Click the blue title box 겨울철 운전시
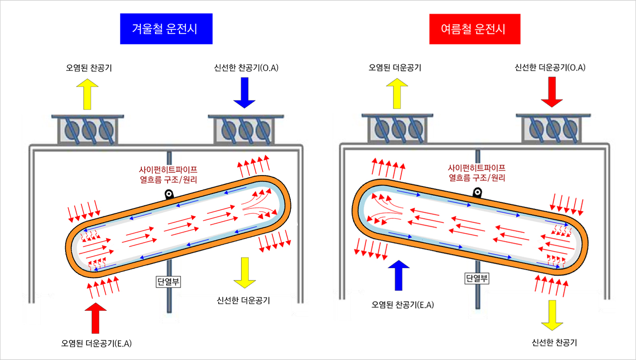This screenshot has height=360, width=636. [x=166, y=29]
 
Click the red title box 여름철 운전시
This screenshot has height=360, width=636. [x=474, y=29]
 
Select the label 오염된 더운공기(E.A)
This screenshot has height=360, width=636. [x=96, y=343]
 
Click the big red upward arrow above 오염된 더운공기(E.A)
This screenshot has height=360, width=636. [x=96, y=317]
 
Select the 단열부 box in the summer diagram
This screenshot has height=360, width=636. [x=477, y=278]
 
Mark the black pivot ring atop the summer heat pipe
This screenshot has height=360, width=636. [x=478, y=192]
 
